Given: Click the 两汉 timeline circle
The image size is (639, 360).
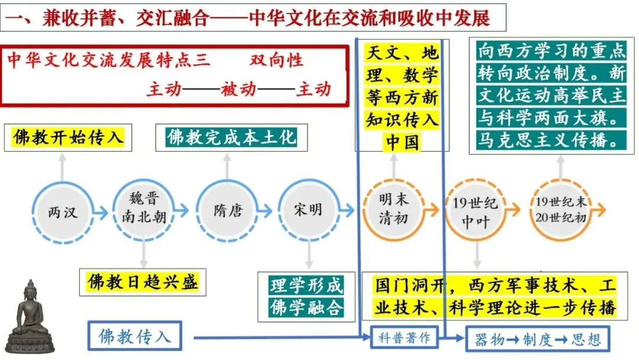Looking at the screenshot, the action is tap(63, 211).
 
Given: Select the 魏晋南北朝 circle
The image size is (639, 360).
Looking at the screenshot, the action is tap(144, 211).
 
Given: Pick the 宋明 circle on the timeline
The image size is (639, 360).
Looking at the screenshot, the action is tap(308, 211).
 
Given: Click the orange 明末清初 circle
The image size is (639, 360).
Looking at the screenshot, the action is tap(393, 211).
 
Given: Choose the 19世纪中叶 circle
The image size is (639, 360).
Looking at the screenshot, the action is tap(476, 211).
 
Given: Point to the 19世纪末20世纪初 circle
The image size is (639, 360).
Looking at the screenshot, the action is tap(560, 211).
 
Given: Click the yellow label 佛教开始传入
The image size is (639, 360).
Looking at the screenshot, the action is tap(69, 138).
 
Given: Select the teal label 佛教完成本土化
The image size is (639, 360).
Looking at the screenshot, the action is tap(231, 138).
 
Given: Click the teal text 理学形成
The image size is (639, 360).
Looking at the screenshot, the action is tap(306, 285).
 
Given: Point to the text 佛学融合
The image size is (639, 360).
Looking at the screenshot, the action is tap(306, 307).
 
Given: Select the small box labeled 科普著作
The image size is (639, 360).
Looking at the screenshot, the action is tap(404, 338).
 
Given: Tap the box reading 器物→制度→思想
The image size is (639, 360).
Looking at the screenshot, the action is tap(537, 339).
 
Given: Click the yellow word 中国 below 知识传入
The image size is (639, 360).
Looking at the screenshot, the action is tap(402, 142).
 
